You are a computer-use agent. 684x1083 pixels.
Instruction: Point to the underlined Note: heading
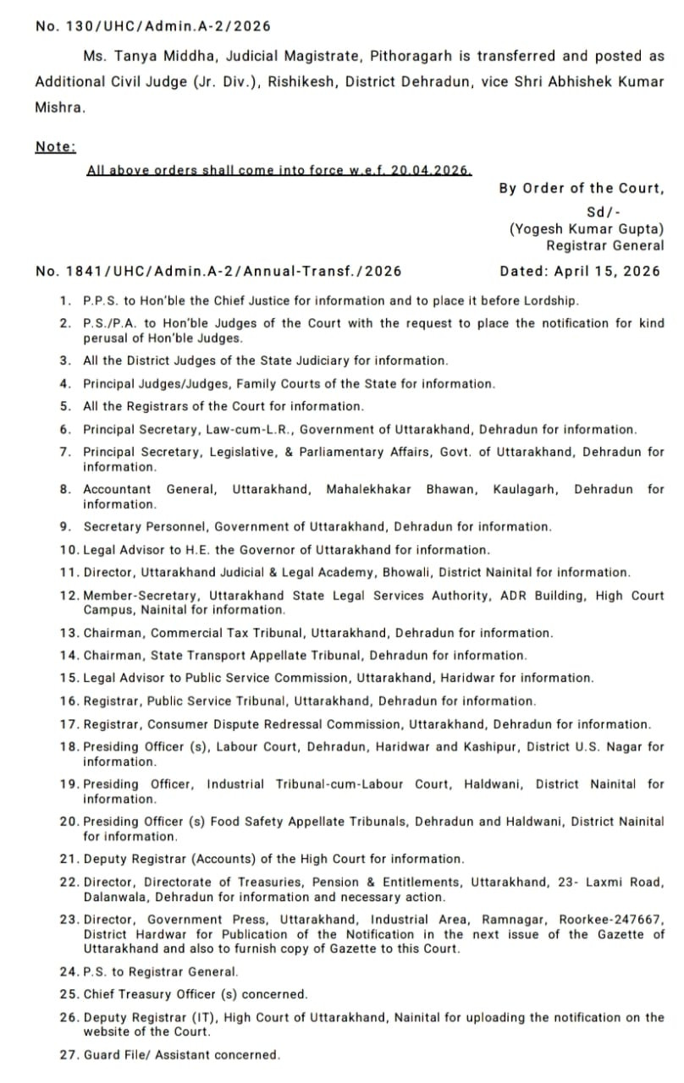pos(55,146)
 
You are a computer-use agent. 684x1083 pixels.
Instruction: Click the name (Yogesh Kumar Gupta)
pos(587,228)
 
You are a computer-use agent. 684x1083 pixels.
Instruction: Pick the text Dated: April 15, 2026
pos(580,272)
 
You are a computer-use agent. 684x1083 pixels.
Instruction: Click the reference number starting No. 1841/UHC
pos(218,272)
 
